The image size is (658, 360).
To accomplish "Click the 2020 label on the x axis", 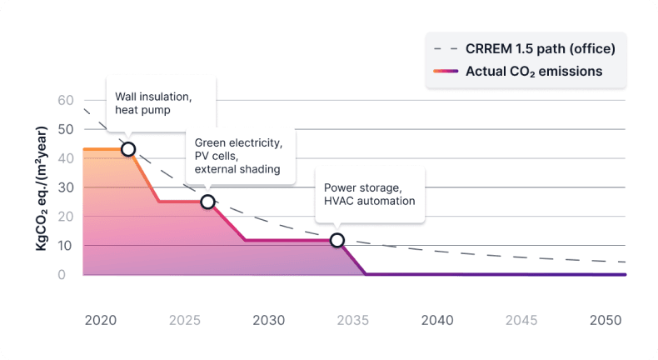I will pyautogui.click(x=100, y=320).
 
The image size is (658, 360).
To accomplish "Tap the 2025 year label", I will pyautogui.click(x=184, y=320).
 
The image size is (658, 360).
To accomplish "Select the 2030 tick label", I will pyautogui.click(x=268, y=320).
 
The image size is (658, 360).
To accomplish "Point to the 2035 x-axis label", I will pyautogui.click(x=352, y=320).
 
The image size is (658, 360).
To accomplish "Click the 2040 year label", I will pyautogui.click(x=437, y=320).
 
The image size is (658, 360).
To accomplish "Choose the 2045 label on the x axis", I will pyautogui.click(x=521, y=320).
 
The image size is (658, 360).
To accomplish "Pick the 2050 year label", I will pyautogui.click(x=606, y=320).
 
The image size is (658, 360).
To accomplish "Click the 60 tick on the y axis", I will pyautogui.click(x=66, y=100).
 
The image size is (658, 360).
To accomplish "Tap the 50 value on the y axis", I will pyautogui.click(x=66, y=129).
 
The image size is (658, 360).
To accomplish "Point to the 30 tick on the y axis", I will pyautogui.click(x=66, y=187).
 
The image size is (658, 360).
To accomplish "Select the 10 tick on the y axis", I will pyautogui.click(x=66, y=245).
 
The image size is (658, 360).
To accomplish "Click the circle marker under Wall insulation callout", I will pyautogui.click(x=128, y=149).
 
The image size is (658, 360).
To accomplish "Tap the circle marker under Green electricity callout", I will pyautogui.click(x=207, y=202).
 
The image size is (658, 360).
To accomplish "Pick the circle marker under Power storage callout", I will pyautogui.click(x=336, y=240).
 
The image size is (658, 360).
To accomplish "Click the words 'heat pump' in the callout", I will pyautogui.click(x=143, y=111).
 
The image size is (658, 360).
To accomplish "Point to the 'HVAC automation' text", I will pyautogui.click(x=369, y=201).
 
